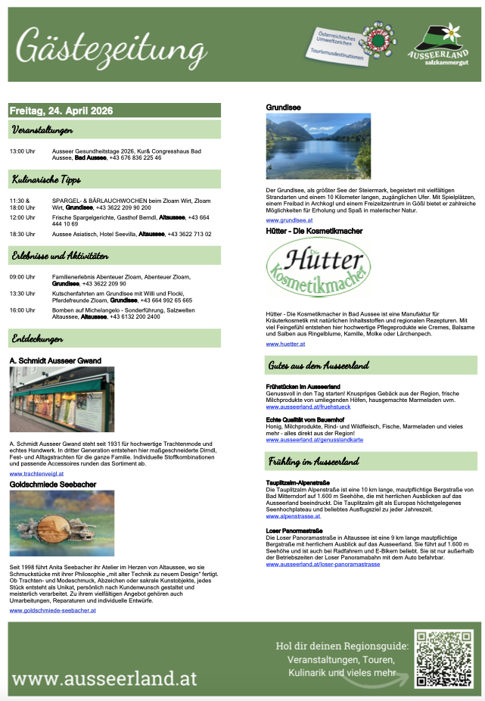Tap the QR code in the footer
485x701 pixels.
[443, 657]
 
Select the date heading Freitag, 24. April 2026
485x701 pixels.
[61, 111]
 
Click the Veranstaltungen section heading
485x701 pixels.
[42, 130]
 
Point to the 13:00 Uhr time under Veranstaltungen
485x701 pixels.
[23, 151]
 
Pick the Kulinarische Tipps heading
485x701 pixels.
[46, 179]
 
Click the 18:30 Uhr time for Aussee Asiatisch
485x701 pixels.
[23, 234]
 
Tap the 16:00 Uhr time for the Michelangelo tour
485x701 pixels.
[23, 310]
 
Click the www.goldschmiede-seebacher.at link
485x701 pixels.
[52, 609]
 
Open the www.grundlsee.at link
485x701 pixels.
[291, 219]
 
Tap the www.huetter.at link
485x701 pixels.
[285, 344]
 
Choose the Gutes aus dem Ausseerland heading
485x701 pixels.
[319, 366]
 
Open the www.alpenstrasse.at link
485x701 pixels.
[293, 516]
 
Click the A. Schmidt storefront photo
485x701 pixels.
[62, 399]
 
